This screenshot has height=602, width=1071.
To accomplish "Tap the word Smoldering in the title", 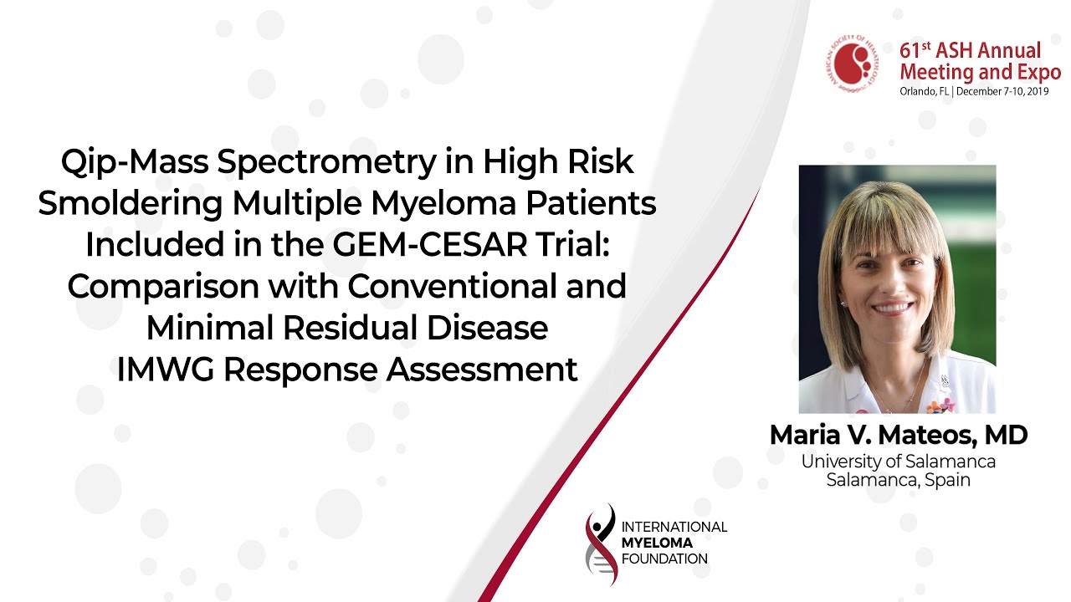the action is (131, 203).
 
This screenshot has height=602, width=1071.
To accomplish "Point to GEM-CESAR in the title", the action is (430, 244).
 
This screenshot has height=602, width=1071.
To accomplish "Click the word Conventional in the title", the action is (453, 286).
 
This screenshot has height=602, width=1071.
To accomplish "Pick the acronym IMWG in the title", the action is (166, 370).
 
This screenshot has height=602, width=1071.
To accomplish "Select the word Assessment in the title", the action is (482, 370).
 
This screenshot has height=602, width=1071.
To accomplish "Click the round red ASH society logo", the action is (853, 62).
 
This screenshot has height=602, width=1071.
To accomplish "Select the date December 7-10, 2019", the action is (1002, 91).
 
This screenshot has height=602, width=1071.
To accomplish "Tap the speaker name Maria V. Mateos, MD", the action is (899, 436).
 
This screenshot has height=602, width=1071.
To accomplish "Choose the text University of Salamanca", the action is (899, 462).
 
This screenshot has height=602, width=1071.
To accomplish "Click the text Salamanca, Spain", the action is (899, 480).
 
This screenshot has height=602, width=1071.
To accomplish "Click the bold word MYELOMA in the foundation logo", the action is (657, 543).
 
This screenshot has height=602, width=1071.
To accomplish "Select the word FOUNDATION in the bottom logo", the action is (664, 559).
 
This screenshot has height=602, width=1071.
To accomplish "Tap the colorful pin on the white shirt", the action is (940, 406).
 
